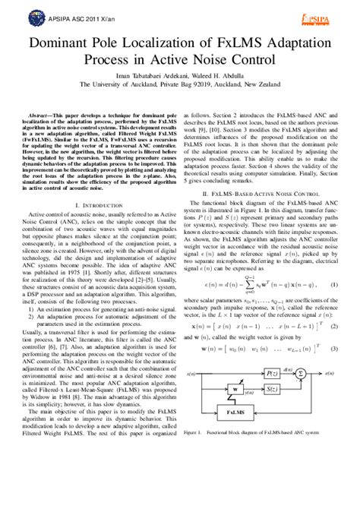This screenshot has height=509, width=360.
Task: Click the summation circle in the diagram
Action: click(x=301, y=373)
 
